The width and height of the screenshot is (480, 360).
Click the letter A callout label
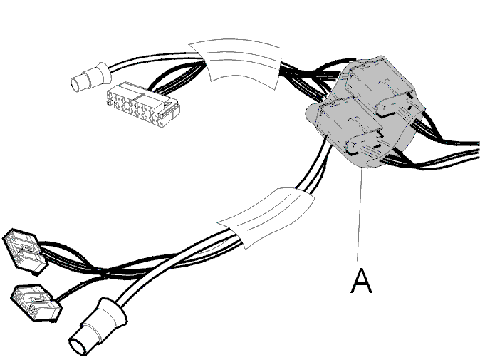coord(361,281)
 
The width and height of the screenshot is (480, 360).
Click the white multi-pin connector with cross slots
coord(142,104)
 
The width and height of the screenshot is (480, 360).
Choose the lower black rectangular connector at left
coord(36,303)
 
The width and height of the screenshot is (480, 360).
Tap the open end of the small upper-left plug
coord(75,84)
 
